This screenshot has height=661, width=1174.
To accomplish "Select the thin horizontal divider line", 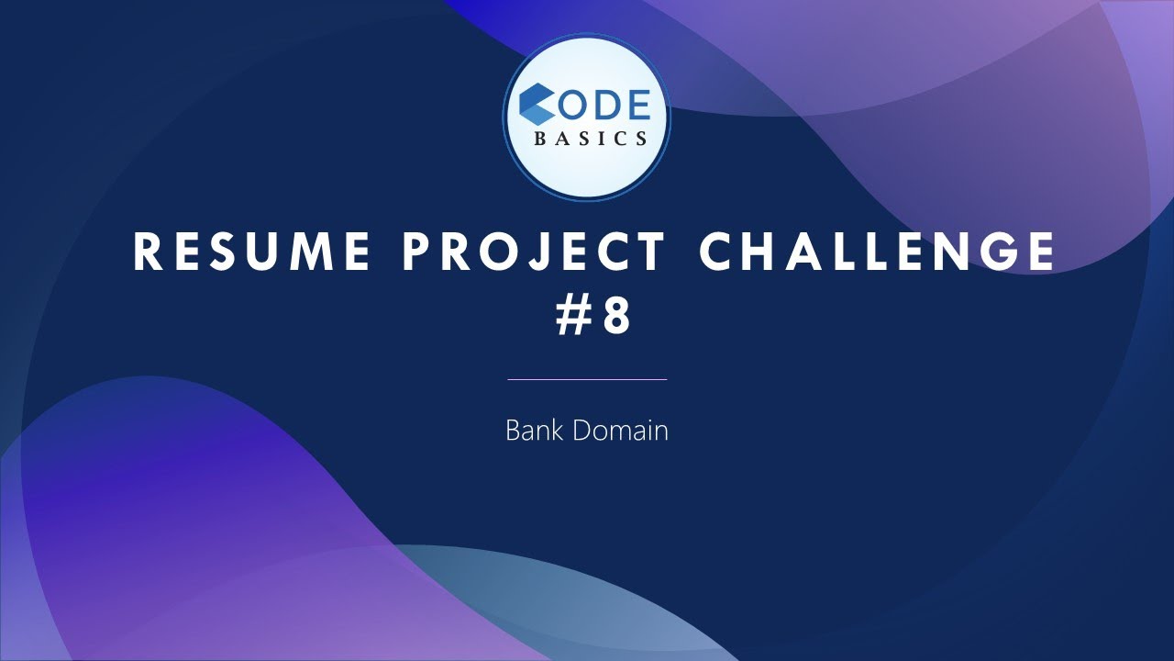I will (587, 378).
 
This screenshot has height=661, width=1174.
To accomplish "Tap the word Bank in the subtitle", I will (536, 430).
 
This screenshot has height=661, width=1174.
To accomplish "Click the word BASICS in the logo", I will (592, 139).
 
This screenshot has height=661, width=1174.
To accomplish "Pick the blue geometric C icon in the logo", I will (537, 106).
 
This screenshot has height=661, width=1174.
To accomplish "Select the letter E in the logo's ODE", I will (636, 106).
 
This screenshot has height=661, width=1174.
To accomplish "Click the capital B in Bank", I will (513, 430).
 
